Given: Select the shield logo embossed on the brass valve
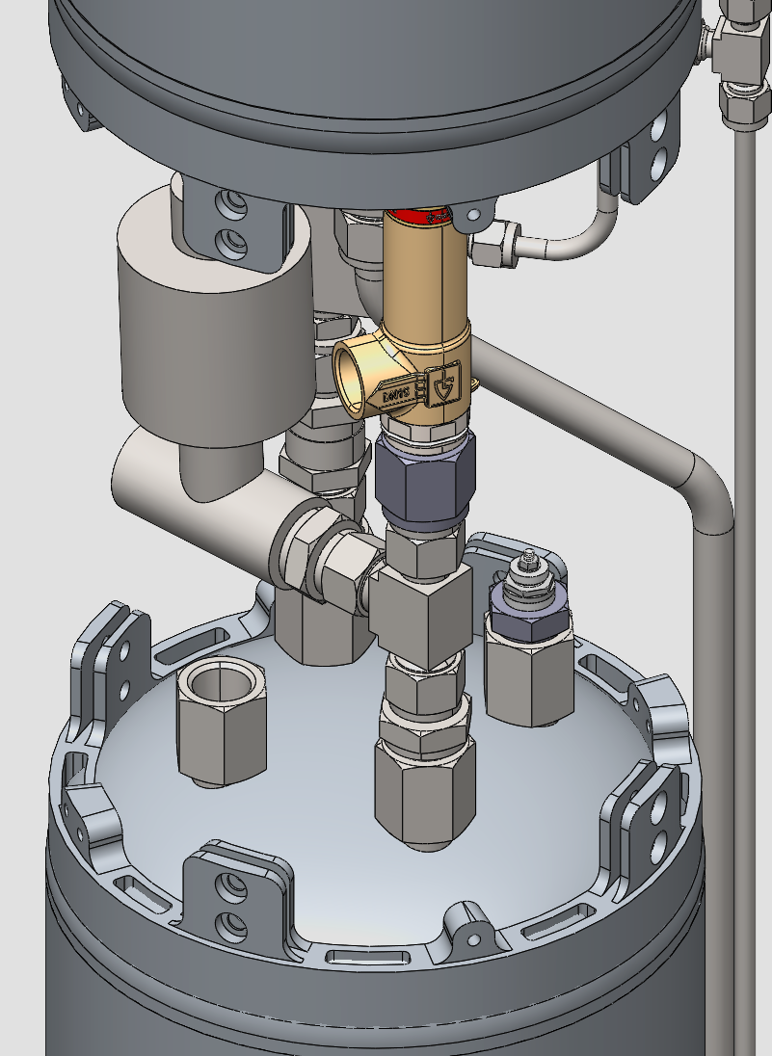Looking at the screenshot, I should click(444, 383).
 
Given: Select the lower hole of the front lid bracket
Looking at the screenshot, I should click(231, 926).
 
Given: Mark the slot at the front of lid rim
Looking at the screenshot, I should click(362, 957).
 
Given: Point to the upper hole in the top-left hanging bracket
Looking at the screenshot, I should click(230, 203).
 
